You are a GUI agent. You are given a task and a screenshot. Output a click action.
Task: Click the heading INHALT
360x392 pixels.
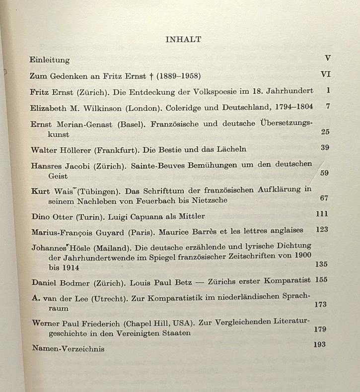183,40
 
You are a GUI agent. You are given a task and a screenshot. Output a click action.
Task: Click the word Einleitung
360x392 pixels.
50,60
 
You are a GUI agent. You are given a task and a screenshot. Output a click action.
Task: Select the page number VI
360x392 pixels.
326,74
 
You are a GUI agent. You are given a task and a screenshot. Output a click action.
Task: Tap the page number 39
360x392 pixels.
325,147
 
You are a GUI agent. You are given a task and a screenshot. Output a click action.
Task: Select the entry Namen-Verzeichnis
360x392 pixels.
68,349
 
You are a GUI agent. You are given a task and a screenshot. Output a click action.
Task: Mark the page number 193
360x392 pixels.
320,344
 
